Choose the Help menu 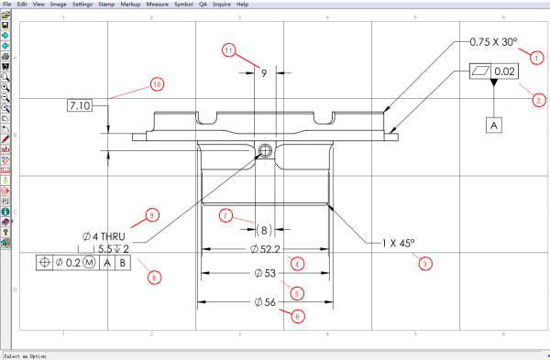point(242,5)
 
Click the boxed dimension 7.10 point(81,107)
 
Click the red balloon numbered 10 point(157,85)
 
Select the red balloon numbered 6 point(297,317)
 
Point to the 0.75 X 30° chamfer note point(493,42)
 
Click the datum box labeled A point(495,124)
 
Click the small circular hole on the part point(266,151)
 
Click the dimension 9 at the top point(264,71)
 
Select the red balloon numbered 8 point(154,278)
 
